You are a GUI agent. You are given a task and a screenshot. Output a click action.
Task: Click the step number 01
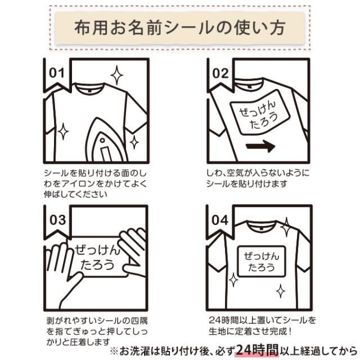57,73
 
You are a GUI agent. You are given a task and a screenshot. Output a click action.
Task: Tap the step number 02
220,74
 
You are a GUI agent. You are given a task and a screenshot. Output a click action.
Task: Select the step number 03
57,220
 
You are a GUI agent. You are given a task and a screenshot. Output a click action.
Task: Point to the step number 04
220,220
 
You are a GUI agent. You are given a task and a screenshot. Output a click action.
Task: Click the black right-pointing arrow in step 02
260,146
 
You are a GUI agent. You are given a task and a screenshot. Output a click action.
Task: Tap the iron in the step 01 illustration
106,141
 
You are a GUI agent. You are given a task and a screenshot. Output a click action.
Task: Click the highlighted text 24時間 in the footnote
258,350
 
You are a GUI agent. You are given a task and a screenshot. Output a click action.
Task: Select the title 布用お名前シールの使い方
180,28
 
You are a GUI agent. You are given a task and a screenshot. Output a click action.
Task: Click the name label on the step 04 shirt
262,261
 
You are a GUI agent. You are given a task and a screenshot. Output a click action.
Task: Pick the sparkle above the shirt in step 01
116,75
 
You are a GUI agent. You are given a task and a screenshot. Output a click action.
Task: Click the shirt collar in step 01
89,88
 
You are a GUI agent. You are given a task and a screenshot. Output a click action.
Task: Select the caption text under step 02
258,178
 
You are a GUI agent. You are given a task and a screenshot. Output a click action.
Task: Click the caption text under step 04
262,326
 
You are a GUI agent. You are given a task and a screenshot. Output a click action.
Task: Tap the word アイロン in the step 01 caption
79,184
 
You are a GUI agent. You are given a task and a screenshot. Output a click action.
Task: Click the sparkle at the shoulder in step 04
286,227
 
